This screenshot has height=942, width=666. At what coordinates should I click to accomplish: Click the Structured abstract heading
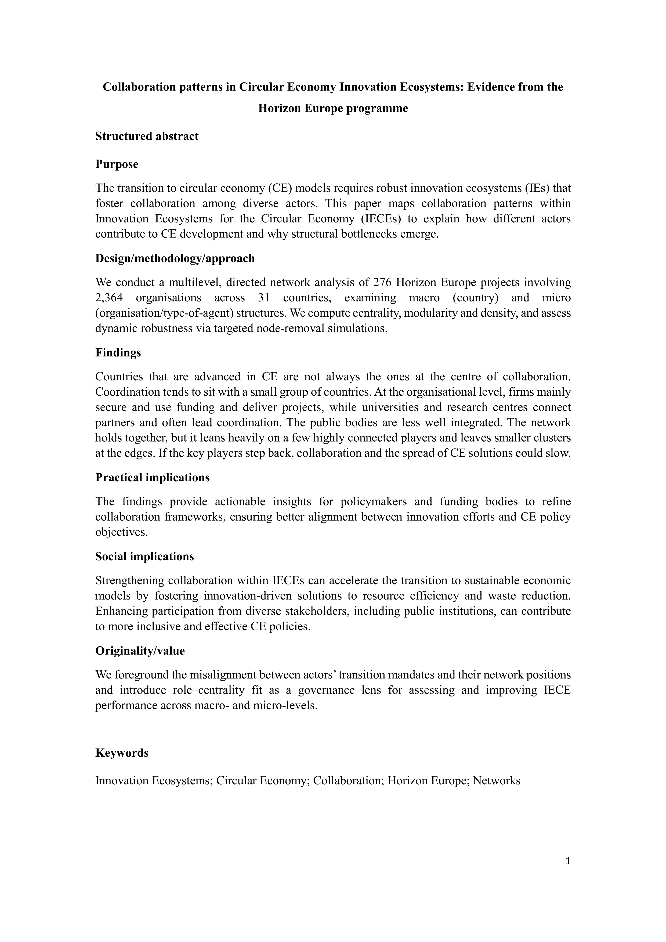147,136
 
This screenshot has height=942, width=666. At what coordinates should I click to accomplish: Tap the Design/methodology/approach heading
175,258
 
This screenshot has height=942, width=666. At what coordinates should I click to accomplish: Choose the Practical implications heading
153,478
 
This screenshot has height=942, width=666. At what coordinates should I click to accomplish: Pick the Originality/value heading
140,651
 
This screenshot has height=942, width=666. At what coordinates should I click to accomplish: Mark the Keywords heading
122,753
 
